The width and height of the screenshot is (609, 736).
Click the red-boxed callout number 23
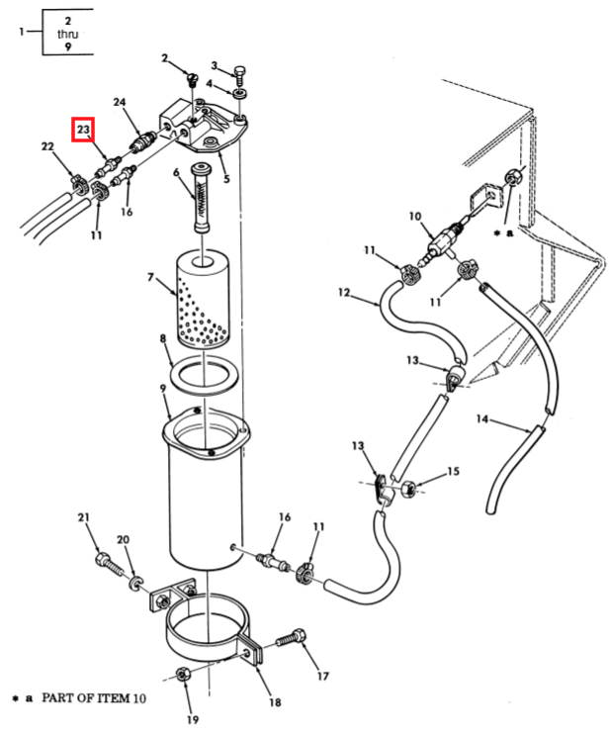click(83, 129)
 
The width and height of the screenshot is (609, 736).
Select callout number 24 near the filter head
click(120, 102)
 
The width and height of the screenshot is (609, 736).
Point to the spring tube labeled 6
click(203, 198)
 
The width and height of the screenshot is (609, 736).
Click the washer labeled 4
click(240, 93)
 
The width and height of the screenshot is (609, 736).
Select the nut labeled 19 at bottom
click(183, 675)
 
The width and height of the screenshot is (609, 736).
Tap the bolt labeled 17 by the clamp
click(291, 638)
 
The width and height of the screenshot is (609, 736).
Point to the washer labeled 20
click(135, 584)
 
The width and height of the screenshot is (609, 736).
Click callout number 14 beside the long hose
click(482, 418)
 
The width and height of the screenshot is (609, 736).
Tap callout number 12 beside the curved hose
click(344, 293)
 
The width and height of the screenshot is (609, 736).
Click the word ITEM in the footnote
click(111, 698)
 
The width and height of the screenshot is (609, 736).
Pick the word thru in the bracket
click(67, 34)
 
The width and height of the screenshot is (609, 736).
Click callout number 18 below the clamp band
click(275, 702)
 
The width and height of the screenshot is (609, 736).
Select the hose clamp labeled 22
click(79, 185)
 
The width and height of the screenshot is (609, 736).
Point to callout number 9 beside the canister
click(163, 388)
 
